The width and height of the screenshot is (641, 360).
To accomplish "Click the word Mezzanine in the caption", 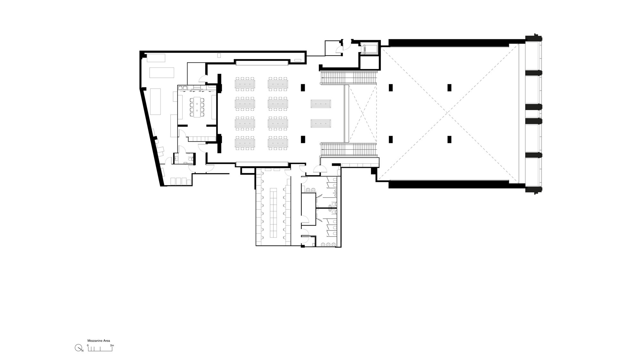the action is click(95, 341).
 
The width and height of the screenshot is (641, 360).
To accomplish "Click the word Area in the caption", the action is click(107, 341).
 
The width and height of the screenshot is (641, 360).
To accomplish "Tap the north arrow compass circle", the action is click(78, 348).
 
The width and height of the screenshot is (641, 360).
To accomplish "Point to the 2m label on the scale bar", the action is click(112, 345).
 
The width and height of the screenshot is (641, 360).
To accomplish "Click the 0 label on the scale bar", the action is click(88, 345).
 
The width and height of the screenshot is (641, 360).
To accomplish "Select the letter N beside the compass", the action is click(82, 351).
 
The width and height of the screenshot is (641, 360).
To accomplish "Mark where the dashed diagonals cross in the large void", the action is click(448, 113).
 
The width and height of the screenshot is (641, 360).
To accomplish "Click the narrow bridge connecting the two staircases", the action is click(346, 113).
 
